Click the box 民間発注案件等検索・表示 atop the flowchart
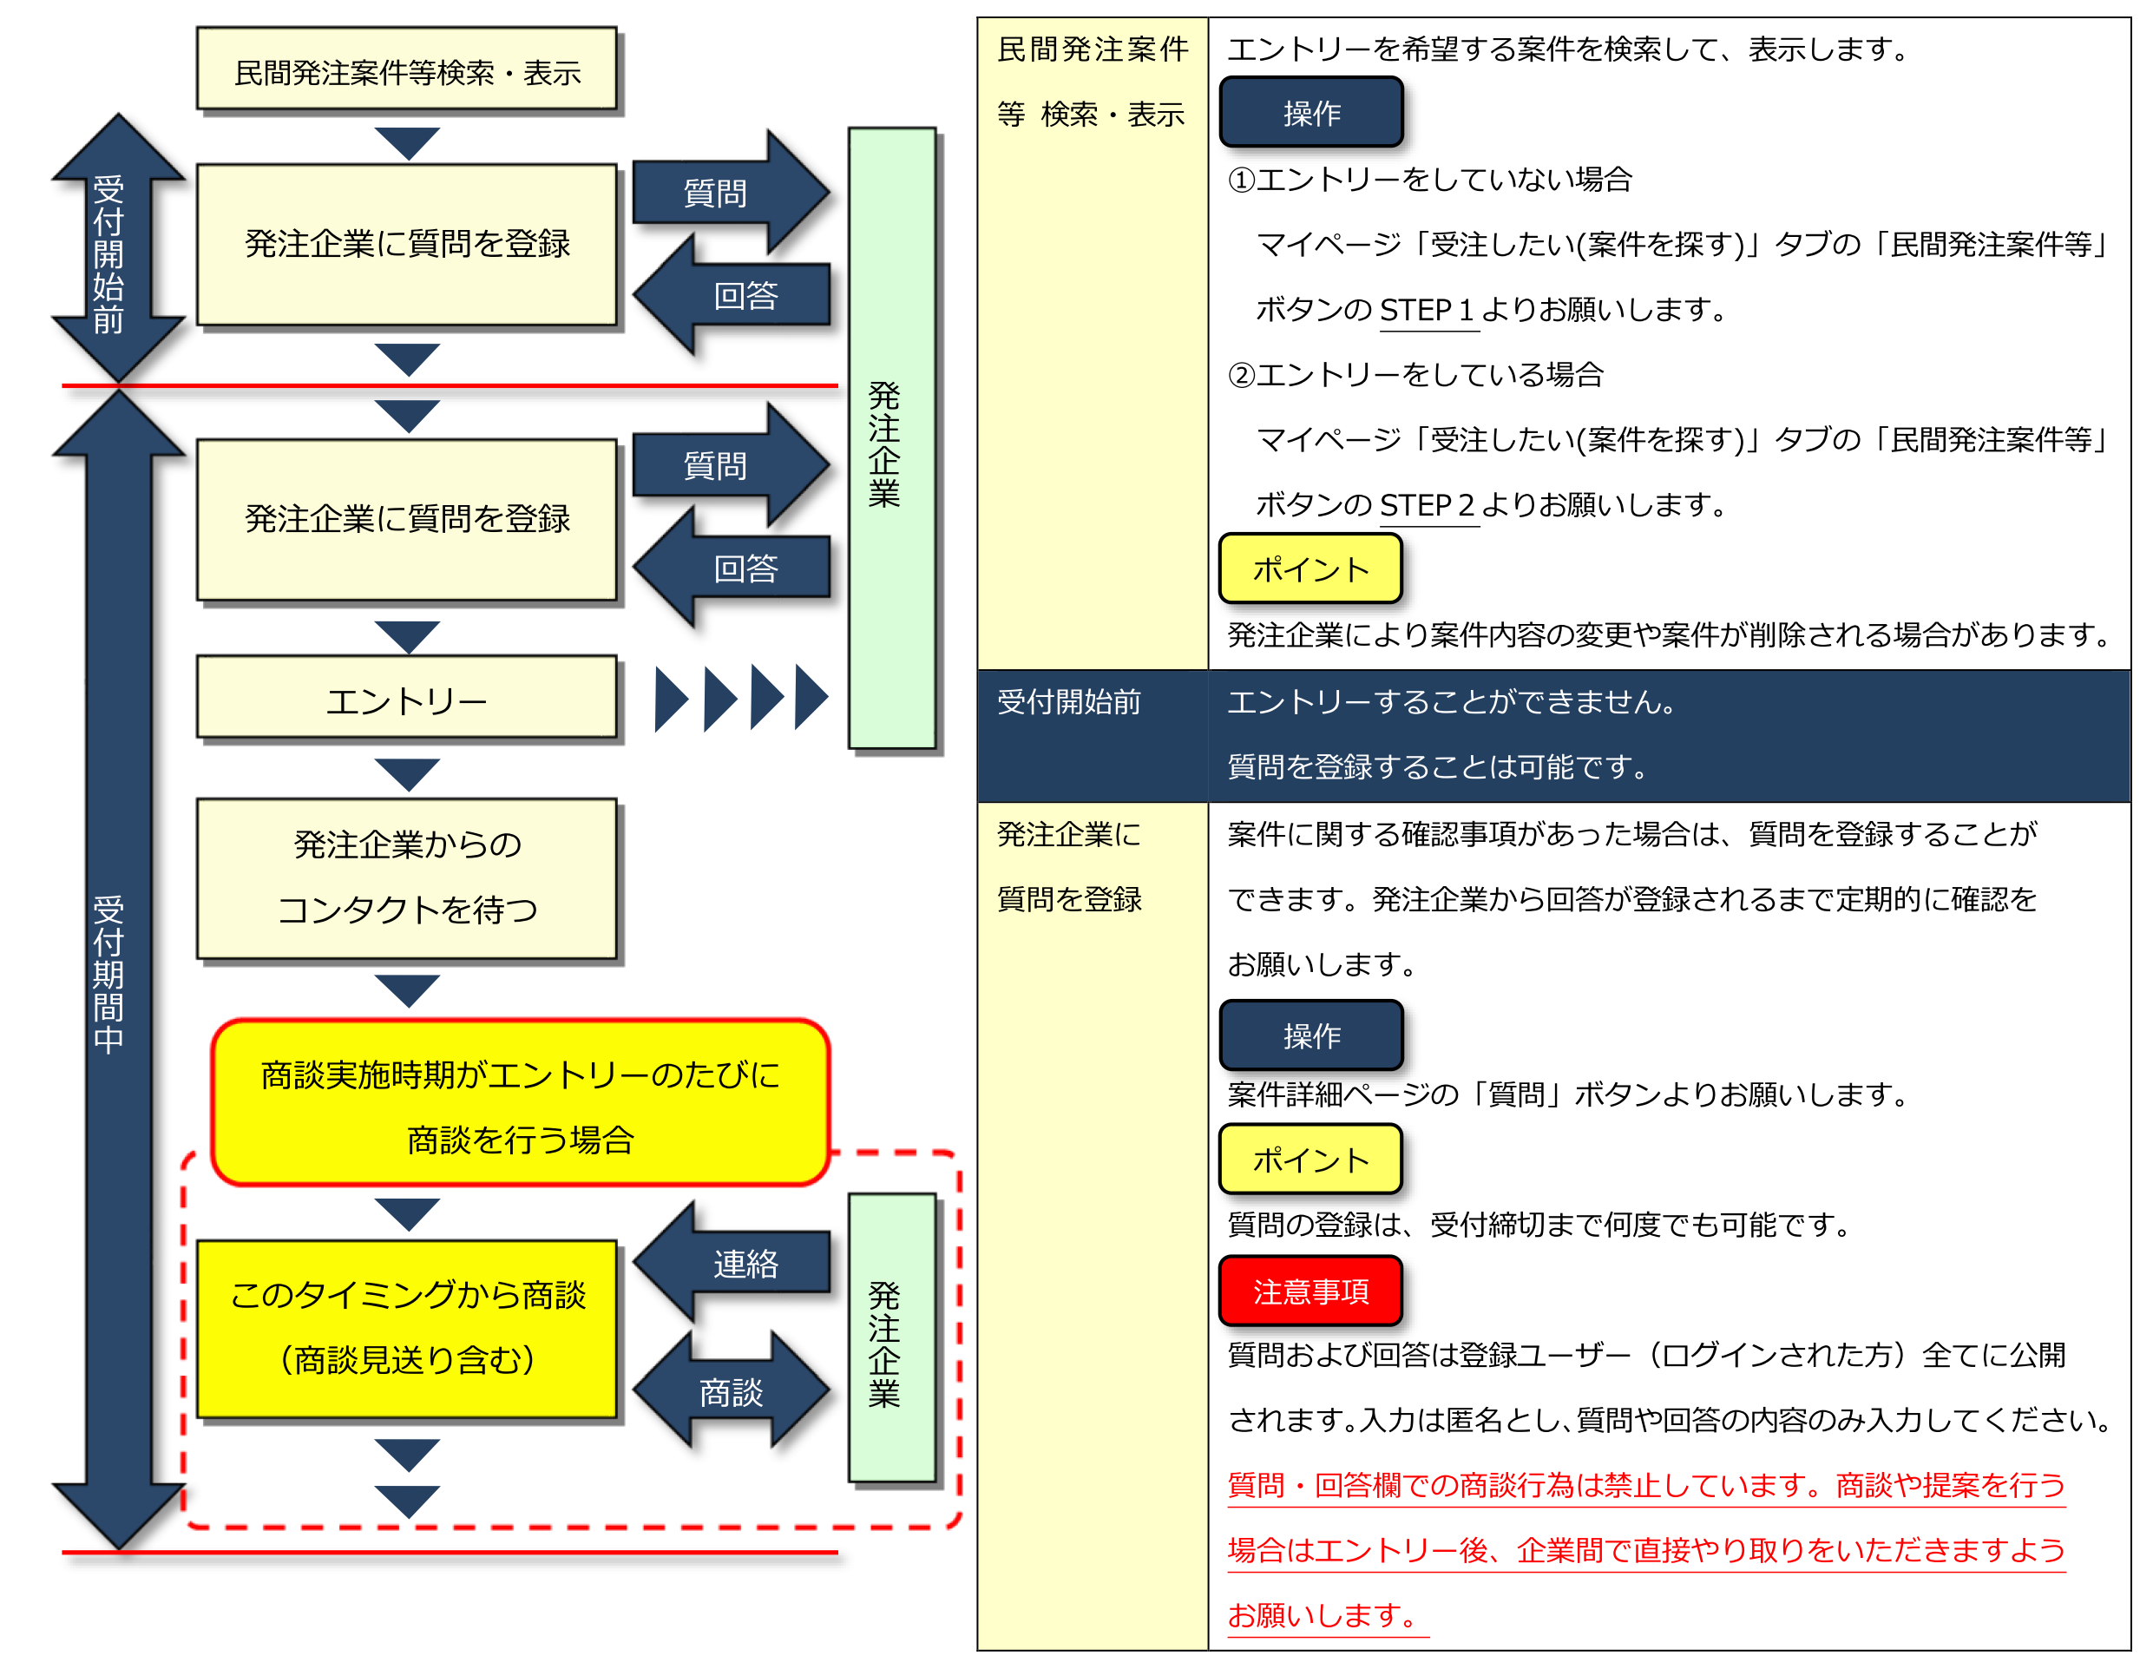tap(406, 69)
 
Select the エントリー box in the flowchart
tap(406, 698)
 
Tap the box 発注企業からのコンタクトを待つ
tap(406, 877)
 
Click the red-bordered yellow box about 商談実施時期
tap(520, 1103)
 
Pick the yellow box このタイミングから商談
tap(406, 1328)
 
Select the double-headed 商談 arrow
tap(731, 1391)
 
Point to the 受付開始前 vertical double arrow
tap(117, 252)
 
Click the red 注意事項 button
tap(1310, 1291)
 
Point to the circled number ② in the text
tap(1240, 375)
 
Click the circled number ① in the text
tap(1240, 180)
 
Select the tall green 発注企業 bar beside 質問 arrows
tap(891, 438)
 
